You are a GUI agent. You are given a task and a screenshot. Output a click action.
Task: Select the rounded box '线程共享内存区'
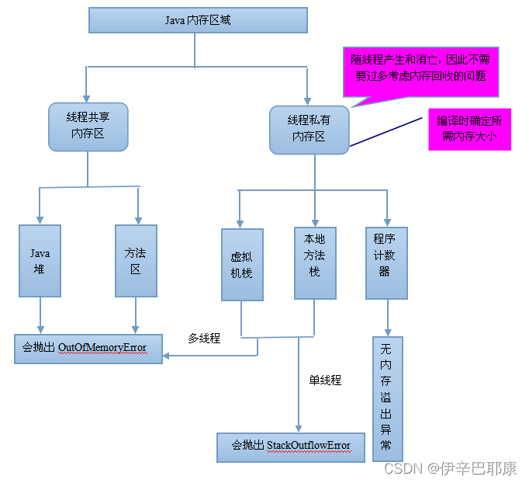click(x=88, y=127)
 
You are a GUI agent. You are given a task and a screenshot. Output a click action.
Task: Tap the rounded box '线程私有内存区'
click(x=309, y=129)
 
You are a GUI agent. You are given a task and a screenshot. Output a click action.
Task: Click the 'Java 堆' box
click(x=40, y=261)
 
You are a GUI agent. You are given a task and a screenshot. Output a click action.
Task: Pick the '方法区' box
click(x=136, y=261)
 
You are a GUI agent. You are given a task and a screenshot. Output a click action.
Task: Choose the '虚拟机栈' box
click(x=241, y=265)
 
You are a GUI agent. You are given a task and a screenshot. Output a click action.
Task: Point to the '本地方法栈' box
click(x=314, y=262)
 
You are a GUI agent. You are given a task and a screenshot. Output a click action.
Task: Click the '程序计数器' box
click(x=386, y=262)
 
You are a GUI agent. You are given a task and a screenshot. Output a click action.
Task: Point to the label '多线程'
click(x=204, y=339)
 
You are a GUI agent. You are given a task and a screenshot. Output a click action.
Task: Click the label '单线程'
click(x=325, y=380)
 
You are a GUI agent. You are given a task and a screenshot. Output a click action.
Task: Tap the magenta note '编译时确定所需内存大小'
click(x=469, y=129)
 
